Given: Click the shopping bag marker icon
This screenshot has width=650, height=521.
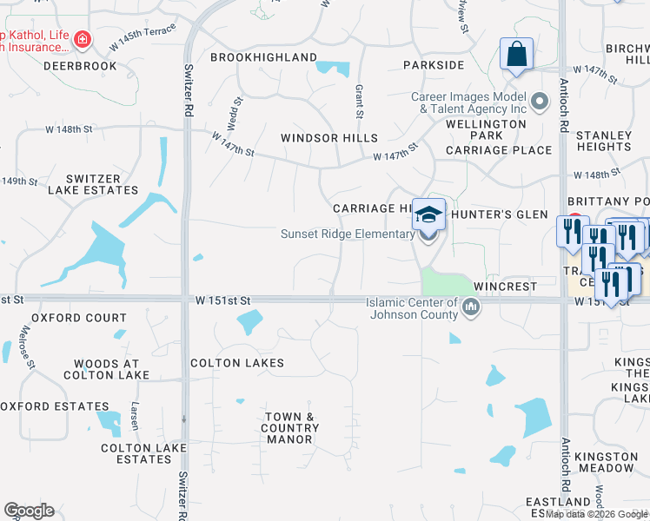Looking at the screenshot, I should click(517, 55).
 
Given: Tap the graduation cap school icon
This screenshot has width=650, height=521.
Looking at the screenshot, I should click(428, 214).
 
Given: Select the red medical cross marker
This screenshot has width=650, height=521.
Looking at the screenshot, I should click(82, 39).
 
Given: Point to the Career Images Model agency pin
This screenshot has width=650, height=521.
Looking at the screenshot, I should click(540, 102).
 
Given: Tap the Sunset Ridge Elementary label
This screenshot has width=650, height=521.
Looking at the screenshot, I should click(347, 234).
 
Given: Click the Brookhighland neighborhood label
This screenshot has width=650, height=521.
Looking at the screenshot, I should click(263, 57).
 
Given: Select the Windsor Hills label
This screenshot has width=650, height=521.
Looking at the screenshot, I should click(328, 138).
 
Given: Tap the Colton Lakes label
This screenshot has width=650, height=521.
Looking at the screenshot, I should click(237, 363).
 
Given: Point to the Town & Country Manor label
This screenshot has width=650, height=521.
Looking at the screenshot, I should click(290, 428).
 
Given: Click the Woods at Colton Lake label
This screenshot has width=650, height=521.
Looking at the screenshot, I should click(107, 369).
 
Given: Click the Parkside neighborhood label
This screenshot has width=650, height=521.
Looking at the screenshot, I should click(433, 65).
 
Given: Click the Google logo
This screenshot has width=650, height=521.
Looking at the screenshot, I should click(29, 511).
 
